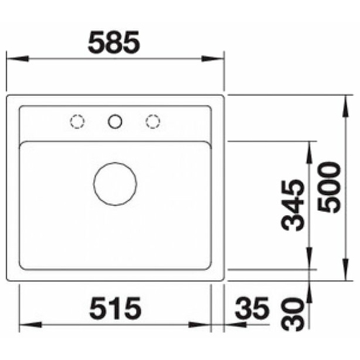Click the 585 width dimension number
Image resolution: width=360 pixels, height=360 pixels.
(x=114, y=43)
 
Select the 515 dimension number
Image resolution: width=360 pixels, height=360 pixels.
(x=115, y=308)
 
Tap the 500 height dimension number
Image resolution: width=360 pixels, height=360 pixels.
(x=329, y=187)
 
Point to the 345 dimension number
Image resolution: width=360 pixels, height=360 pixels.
(x=292, y=205)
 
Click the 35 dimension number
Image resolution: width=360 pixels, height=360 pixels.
(x=252, y=308)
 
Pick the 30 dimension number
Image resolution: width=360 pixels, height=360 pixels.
(x=292, y=314)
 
